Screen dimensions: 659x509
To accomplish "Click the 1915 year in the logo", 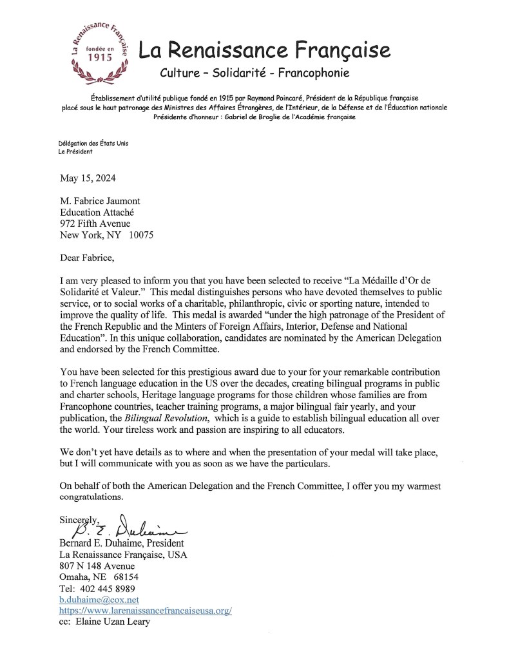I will pos(100,57).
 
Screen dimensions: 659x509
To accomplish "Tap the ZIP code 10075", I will pos(140,234).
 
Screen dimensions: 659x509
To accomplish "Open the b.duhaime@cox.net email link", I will pos(98,599).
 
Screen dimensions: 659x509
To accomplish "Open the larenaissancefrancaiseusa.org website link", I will pos(146,611).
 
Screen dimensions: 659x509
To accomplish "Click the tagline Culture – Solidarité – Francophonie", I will pos(253,73).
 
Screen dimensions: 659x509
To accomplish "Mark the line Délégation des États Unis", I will pos(93,143).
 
